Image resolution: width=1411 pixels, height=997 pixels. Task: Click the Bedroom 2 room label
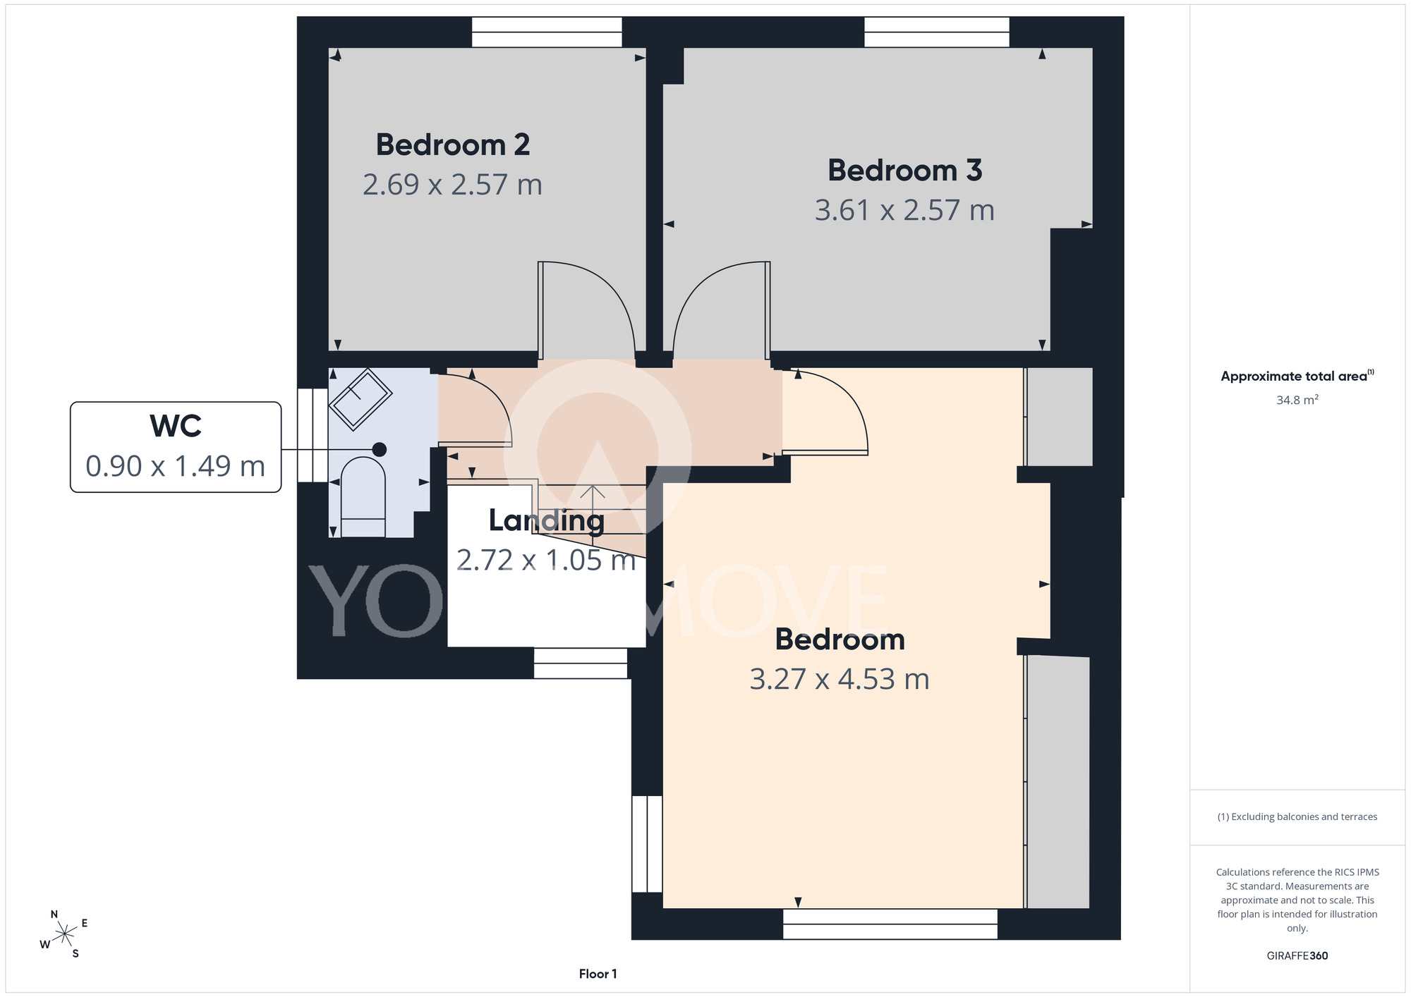tap(452, 145)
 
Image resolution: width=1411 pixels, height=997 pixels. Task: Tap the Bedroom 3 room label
tap(904, 170)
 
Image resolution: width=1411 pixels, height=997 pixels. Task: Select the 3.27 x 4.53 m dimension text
tap(840, 679)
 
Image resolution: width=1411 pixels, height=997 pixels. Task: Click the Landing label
tap(547, 521)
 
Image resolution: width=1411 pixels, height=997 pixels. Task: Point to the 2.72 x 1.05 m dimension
tap(547, 560)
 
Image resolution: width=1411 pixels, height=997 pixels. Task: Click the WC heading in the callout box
tap(176, 426)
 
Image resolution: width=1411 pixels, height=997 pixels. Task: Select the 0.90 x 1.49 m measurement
tap(176, 466)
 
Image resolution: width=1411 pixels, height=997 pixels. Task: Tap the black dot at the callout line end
tap(380, 449)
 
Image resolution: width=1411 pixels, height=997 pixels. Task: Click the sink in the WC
tap(361, 399)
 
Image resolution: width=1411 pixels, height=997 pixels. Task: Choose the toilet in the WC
tap(363, 497)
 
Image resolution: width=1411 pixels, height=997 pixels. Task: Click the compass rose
tap(64, 935)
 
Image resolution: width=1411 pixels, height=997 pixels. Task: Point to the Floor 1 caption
tap(598, 974)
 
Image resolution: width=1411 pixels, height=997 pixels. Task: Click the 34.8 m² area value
tap(1297, 400)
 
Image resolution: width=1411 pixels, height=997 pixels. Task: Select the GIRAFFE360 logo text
tap(1297, 956)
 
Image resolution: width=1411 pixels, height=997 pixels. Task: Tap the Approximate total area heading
tap(1297, 376)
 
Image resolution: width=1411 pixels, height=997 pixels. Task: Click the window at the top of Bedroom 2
tap(547, 32)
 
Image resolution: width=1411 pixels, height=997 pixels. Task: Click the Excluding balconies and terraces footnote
tap(1297, 816)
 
